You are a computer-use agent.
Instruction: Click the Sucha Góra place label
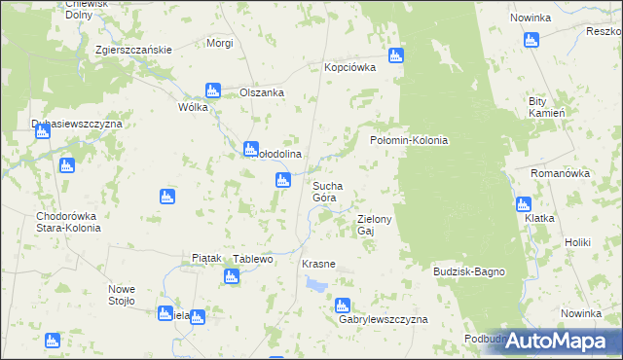325,191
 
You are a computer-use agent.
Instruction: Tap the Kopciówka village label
350,68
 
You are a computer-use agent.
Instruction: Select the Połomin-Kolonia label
409,140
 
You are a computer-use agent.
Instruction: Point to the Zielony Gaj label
374,225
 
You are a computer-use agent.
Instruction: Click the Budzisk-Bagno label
469,271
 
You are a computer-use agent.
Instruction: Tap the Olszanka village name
261,92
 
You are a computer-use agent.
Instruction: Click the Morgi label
220,44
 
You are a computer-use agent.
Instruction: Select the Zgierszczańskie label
133,50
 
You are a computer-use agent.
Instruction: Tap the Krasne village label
318,264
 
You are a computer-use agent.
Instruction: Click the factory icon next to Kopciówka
396,55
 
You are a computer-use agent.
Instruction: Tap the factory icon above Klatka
523,204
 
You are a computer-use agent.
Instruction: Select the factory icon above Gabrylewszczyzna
343,305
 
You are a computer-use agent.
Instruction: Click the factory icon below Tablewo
231,276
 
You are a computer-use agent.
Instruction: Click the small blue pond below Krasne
317,284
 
